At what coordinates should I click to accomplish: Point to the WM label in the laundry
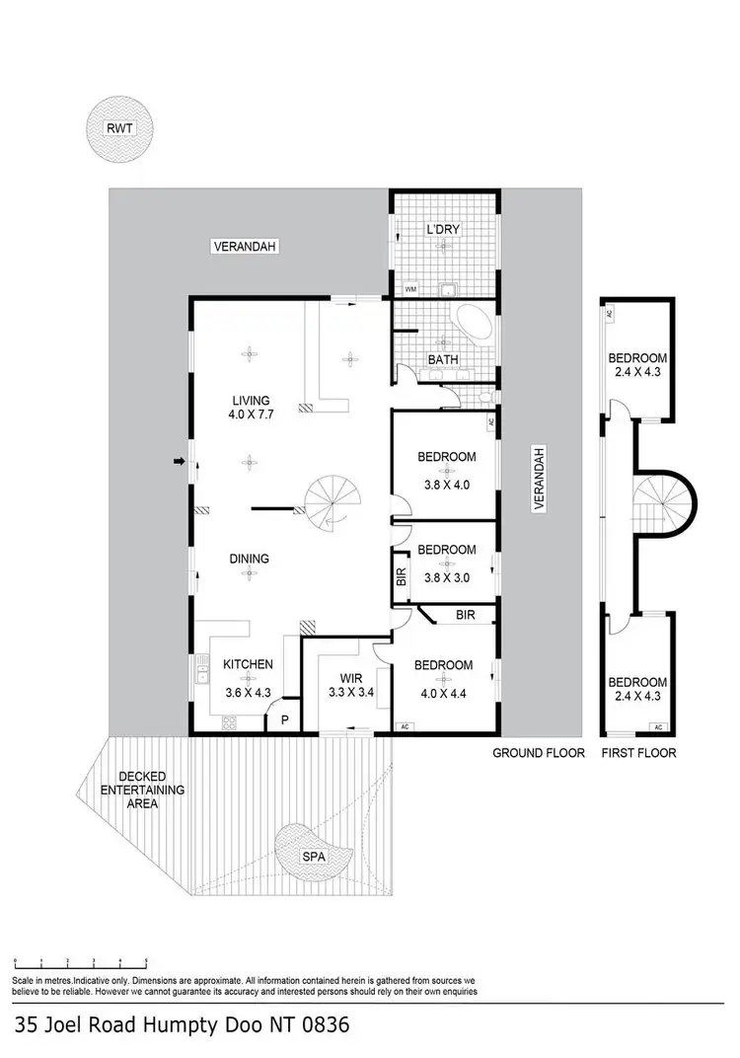point(410,289)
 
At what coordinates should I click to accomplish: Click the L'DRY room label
point(443,229)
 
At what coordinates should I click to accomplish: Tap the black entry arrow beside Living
point(179,461)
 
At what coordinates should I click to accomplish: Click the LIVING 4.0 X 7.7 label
point(252,408)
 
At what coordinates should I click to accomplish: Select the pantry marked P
point(284,721)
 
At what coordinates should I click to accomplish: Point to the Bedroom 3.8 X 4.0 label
point(447,465)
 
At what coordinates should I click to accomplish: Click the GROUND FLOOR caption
point(539,753)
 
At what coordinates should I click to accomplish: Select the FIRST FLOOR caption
point(637,753)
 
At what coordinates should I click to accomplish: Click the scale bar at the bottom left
point(81,960)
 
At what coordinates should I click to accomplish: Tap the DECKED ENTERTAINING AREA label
point(141,790)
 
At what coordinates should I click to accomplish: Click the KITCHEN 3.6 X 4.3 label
point(247,672)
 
